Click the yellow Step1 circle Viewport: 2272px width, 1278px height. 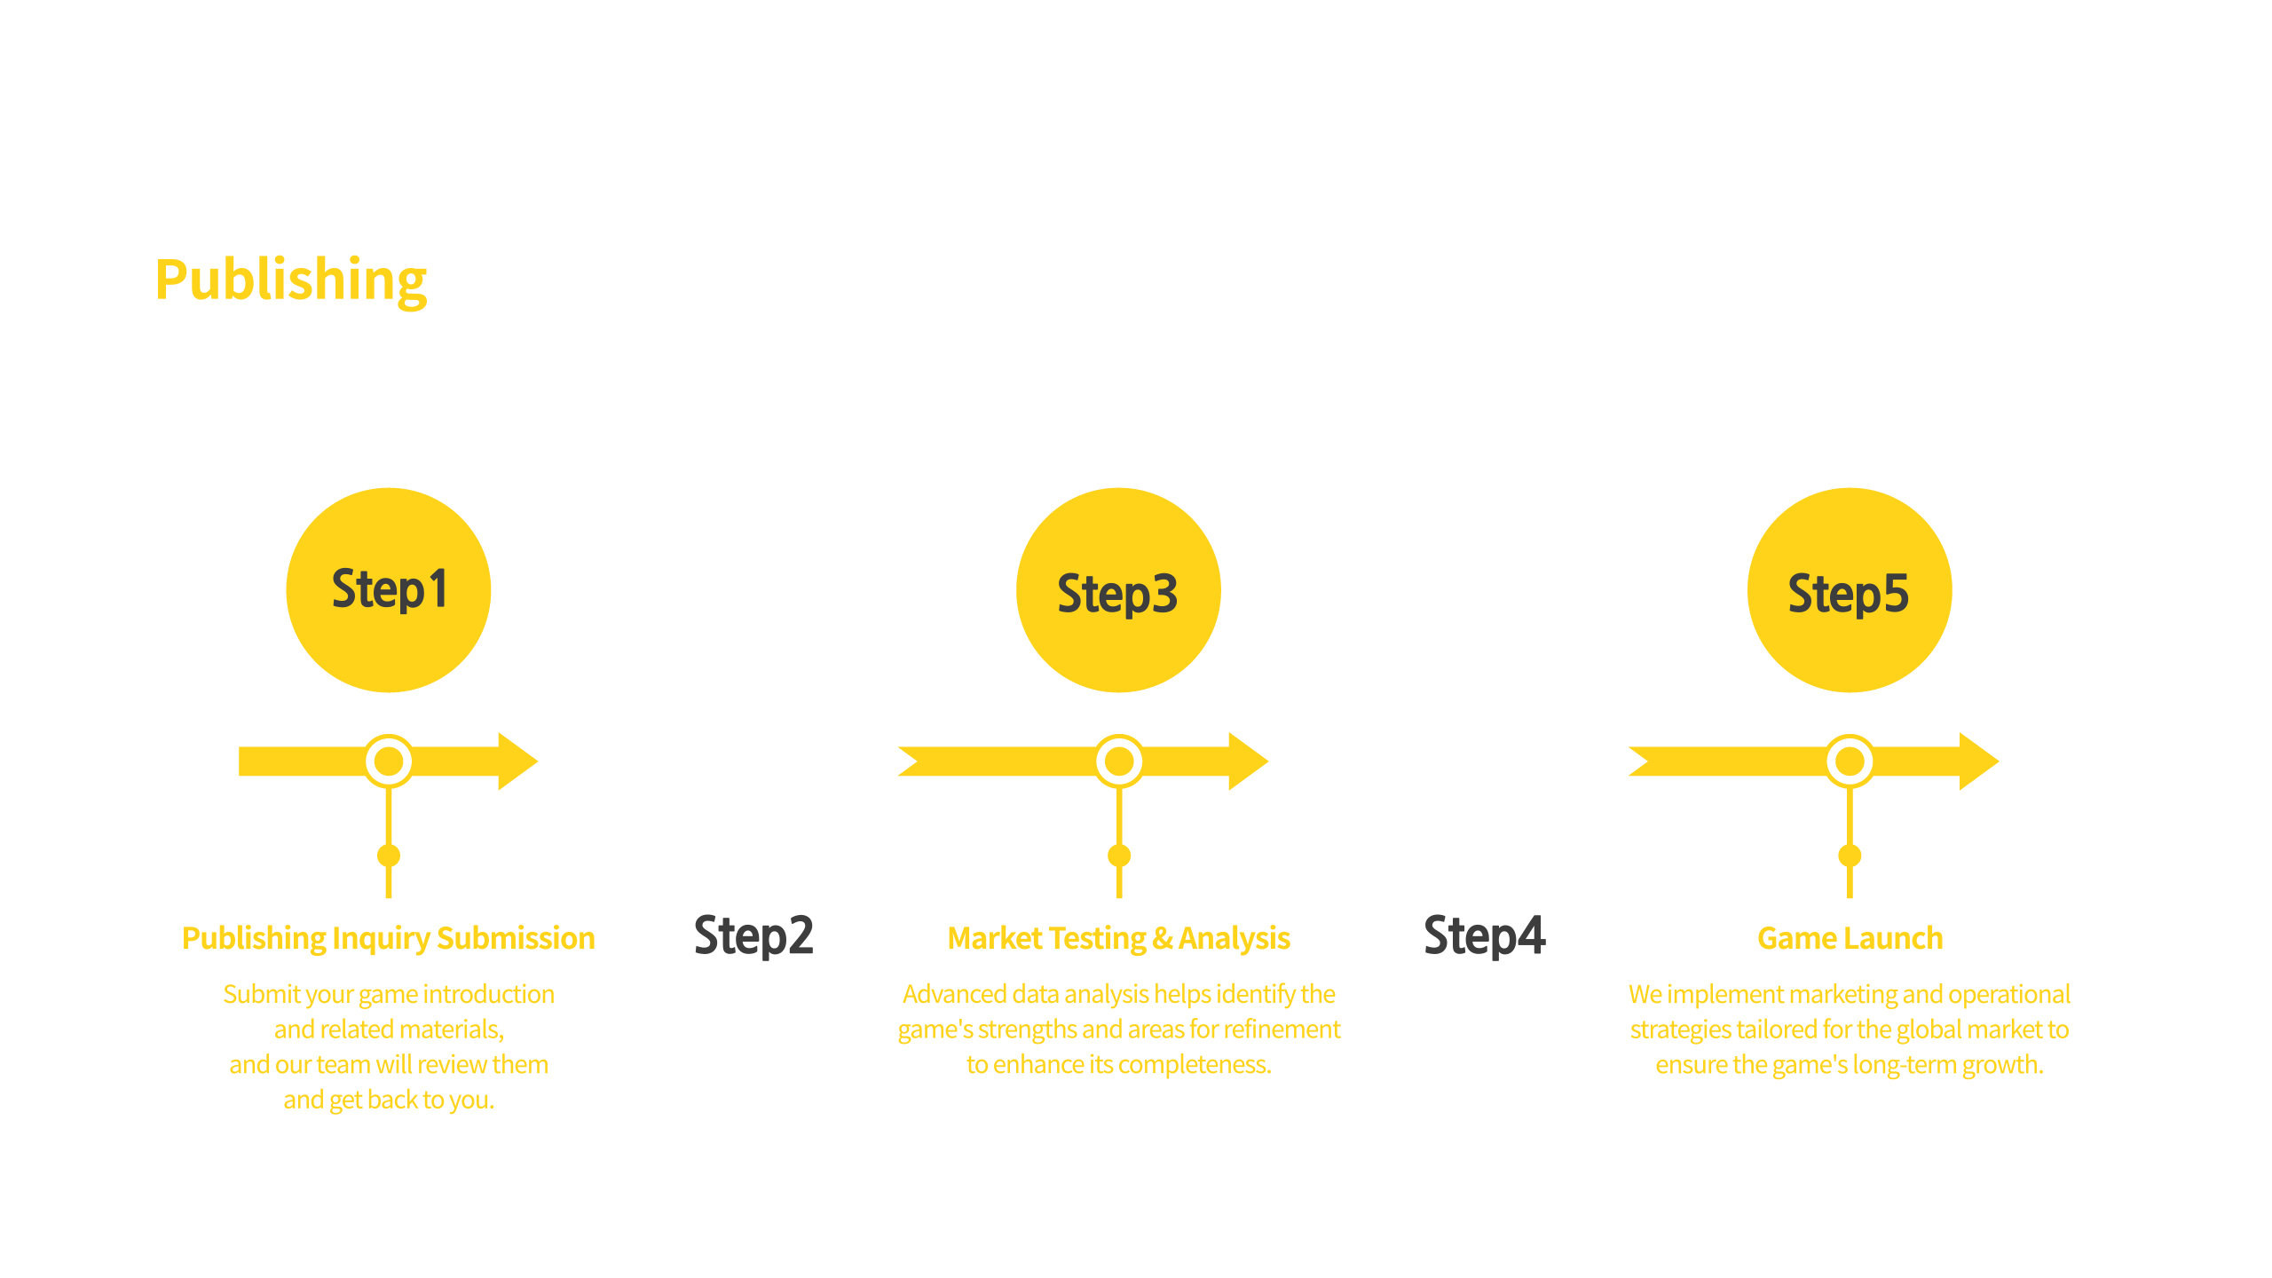click(388, 589)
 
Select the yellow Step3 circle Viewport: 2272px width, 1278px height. click(1118, 589)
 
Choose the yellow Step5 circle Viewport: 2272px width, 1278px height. click(1849, 589)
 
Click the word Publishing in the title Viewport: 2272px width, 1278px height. click(292, 280)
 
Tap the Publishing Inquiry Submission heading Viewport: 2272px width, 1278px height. click(389, 938)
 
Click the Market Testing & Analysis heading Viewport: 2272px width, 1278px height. click(1118, 938)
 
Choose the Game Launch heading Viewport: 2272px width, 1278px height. click(1850, 938)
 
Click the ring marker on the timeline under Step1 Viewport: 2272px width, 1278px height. click(388, 761)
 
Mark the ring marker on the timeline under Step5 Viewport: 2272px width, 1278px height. click(1850, 761)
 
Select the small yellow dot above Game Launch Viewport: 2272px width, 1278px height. click(1850, 856)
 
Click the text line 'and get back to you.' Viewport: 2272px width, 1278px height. click(389, 1100)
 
